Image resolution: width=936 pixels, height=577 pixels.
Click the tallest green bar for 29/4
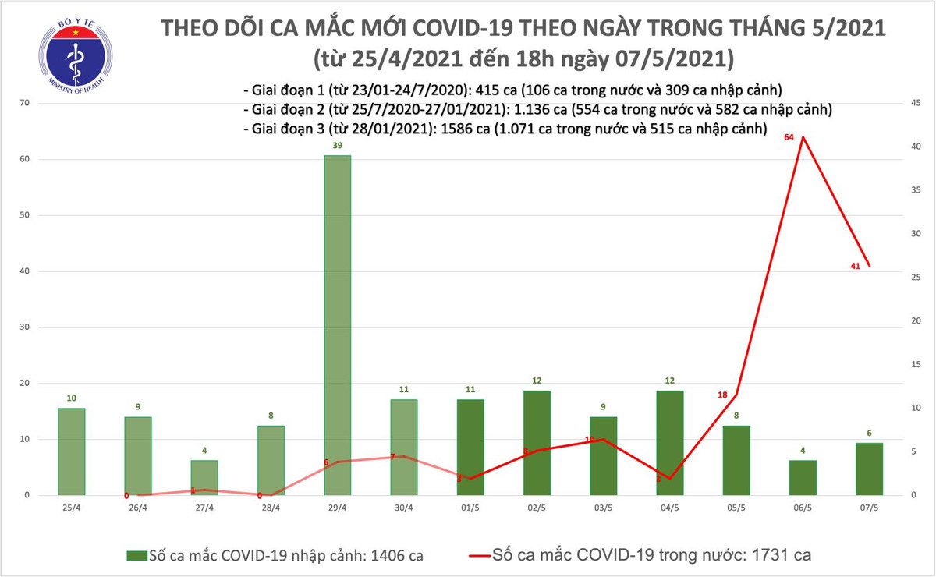pyautogui.click(x=337, y=325)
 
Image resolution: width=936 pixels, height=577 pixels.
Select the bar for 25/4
pyautogui.click(x=71, y=451)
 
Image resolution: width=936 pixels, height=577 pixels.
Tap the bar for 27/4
pyautogui.click(x=204, y=477)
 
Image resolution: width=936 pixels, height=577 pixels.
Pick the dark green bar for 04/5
pyautogui.click(x=670, y=442)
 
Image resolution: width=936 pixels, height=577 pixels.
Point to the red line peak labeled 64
pyautogui.click(x=803, y=138)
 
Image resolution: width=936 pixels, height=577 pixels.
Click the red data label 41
pyautogui.click(x=856, y=267)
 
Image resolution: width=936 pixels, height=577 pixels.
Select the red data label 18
pyautogui.click(x=722, y=395)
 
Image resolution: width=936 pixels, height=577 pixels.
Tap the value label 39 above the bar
pyautogui.click(x=337, y=146)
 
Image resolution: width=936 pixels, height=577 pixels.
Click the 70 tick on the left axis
pyautogui.click(x=24, y=103)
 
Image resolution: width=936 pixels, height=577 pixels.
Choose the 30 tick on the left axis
pyautogui.click(x=24, y=327)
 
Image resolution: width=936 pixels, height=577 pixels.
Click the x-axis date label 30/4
pyautogui.click(x=403, y=508)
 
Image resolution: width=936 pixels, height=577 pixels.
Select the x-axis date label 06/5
pyautogui.click(x=803, y=508)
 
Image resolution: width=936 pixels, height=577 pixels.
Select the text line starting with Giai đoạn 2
pyautogui.click(x=538, y=109)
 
